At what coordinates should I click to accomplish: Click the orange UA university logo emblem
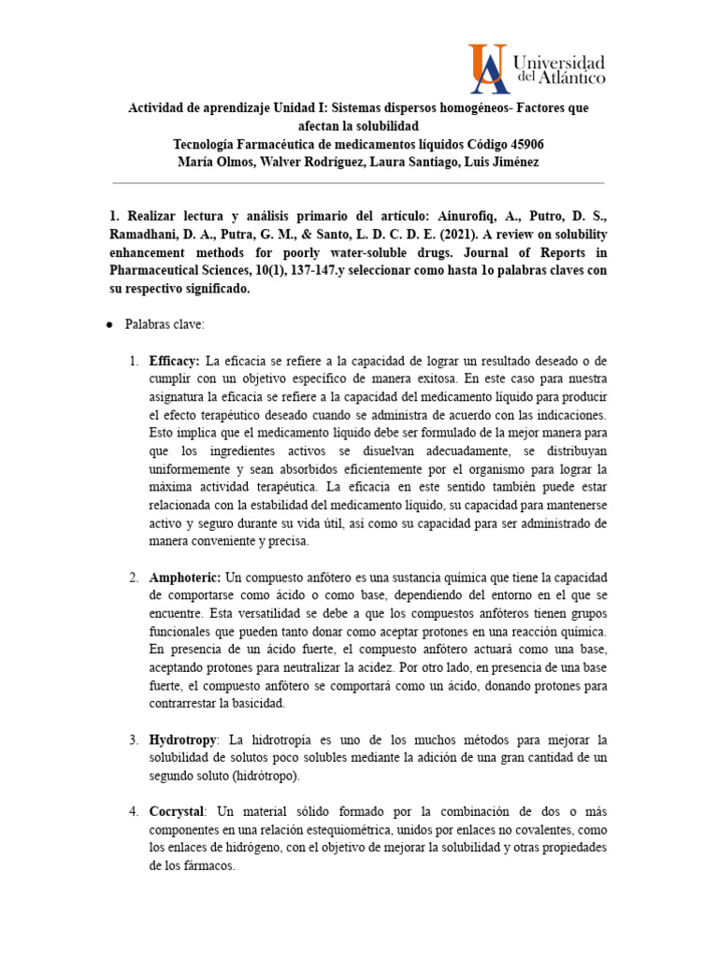tap(489, 67)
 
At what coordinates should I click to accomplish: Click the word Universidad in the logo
tap(559, 62)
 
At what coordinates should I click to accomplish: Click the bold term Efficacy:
tap(175, 361)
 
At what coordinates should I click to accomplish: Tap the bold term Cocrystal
tap(175, 811)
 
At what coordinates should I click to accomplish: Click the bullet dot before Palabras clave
tap(109, 323)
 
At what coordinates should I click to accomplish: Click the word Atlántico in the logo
tap(570, 79)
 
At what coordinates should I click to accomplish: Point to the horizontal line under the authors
tap(358, 183)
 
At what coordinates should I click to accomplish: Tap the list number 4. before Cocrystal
tap(134, 811)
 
